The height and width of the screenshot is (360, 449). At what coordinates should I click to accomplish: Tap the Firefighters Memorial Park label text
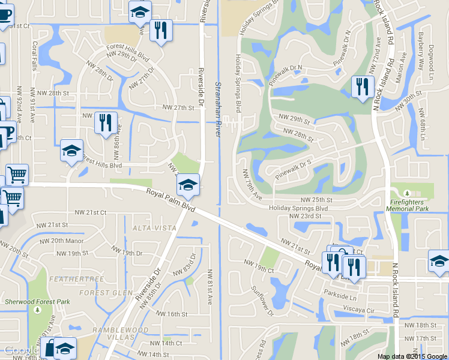411,206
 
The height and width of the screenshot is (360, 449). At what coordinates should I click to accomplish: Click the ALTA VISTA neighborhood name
155,228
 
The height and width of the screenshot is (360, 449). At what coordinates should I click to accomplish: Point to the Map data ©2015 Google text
412,356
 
